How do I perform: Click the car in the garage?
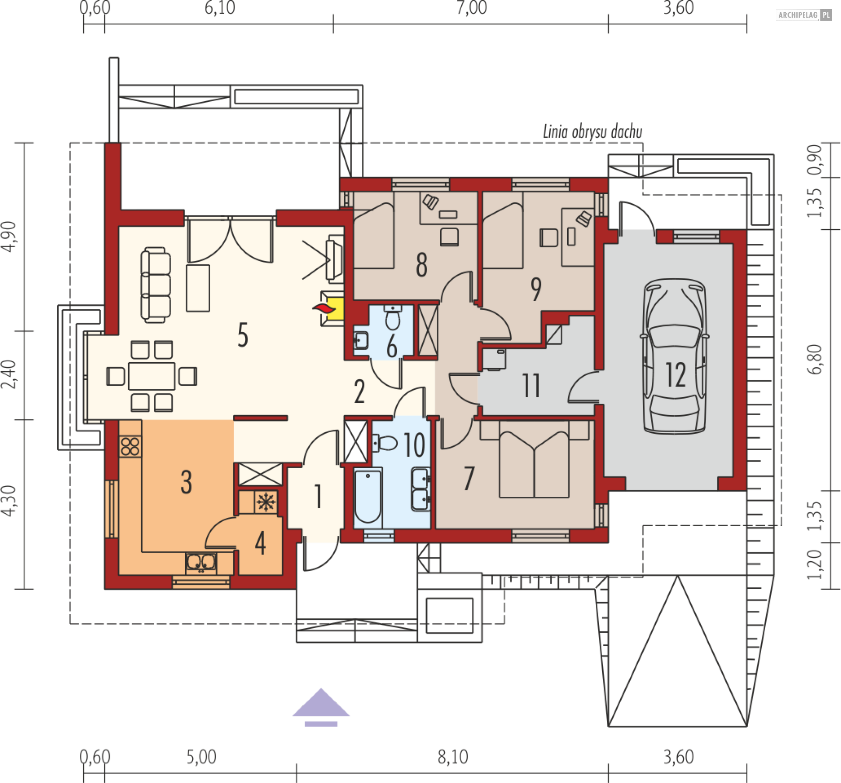[x=675, y=356]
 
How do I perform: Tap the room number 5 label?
[x=243, y=335]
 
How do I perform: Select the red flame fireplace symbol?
[x=324, y=308]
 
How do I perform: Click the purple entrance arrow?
[x=321, y=708]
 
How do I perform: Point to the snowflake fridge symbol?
[x=266, y=502]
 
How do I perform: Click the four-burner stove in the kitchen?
[x=131, y=446]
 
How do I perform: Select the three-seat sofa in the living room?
[x=155, y=285]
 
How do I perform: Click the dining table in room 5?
[x=152, y=376]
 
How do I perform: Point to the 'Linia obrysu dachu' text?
[x=593, y=132]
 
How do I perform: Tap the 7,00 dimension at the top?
[x=471, y=8]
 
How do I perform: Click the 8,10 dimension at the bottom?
[x=453, y=757]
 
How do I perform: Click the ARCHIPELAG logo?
[x=804, y=15]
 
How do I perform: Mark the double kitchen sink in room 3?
[x=201, y=562]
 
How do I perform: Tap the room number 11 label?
[x=531, y=386]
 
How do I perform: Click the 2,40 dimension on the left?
[x=9, y=374]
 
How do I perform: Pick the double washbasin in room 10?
[x=420, y=489]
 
